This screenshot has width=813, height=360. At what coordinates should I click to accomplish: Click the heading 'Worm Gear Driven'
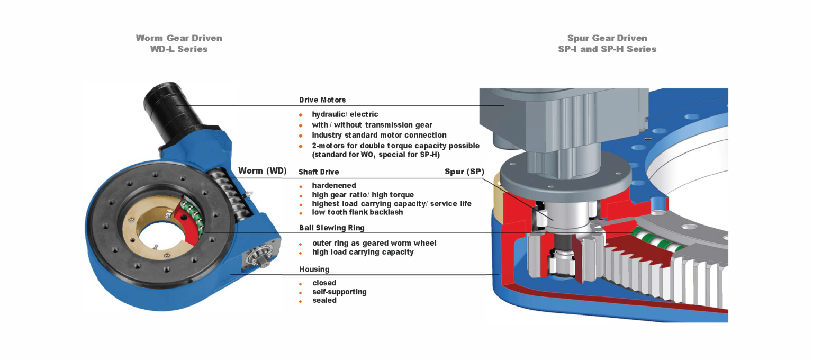179,38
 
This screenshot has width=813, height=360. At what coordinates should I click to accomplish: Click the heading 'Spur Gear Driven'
607,38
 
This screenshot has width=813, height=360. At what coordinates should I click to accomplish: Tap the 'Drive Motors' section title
322,100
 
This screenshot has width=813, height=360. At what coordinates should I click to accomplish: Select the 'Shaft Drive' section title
319,172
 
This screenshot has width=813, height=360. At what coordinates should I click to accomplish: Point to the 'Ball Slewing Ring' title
331,228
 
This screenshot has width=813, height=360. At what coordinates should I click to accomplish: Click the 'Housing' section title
314,269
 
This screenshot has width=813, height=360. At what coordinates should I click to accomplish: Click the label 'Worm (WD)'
262,170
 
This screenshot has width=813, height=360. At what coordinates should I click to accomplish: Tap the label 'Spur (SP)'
464,172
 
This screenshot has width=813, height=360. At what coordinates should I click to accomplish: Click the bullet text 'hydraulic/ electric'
345,114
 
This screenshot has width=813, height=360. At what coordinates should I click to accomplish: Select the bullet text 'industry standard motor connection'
379,135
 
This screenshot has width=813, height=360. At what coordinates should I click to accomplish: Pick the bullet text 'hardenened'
334,185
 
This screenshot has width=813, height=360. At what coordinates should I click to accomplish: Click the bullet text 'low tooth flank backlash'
357,212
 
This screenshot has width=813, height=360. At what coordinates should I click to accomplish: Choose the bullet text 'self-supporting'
339,292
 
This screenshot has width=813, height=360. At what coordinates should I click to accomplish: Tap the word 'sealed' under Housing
324,300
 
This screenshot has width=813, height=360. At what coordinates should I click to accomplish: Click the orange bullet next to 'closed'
301,284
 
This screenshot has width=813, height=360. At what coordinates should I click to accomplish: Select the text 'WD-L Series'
179,49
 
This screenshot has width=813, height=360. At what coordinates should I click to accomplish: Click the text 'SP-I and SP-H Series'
607,49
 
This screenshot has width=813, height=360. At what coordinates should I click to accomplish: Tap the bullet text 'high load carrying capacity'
363,252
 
